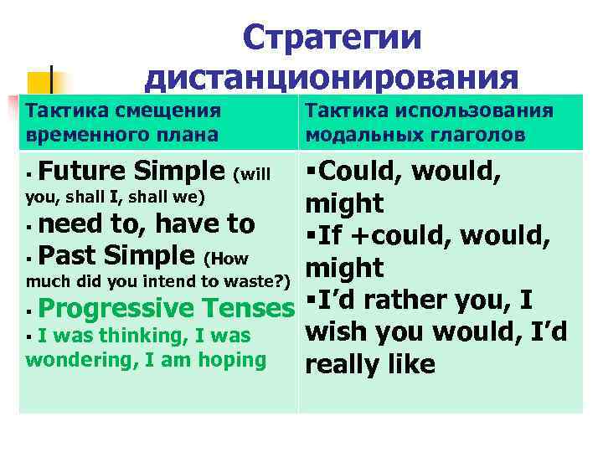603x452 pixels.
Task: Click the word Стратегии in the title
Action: click(332, 39)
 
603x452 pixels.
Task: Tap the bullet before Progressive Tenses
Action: click(30, 309)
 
